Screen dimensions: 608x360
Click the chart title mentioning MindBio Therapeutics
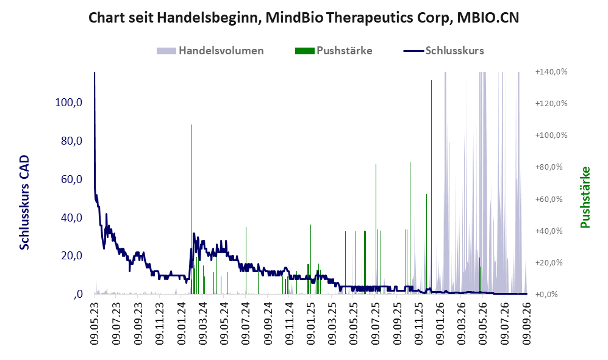[x=304, y=18]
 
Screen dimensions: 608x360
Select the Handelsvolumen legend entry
[x=210, y=51]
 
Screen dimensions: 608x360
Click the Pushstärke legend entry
[x=334, y=51]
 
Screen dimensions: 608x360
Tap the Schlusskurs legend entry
[x=443, y=51]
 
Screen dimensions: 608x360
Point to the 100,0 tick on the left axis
[x=69, y=103]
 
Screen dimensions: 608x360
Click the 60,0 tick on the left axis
[x=72, y=179]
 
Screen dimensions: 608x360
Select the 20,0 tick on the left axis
[x=72, y=256]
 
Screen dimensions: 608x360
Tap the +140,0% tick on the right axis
[x=551, y=72]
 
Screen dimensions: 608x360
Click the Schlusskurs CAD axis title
[x=24, y=202]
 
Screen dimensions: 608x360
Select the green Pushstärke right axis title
[x=585, y=197]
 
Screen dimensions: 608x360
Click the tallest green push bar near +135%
[x=431, y=187]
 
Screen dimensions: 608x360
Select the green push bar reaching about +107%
[x=191, y=209]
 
